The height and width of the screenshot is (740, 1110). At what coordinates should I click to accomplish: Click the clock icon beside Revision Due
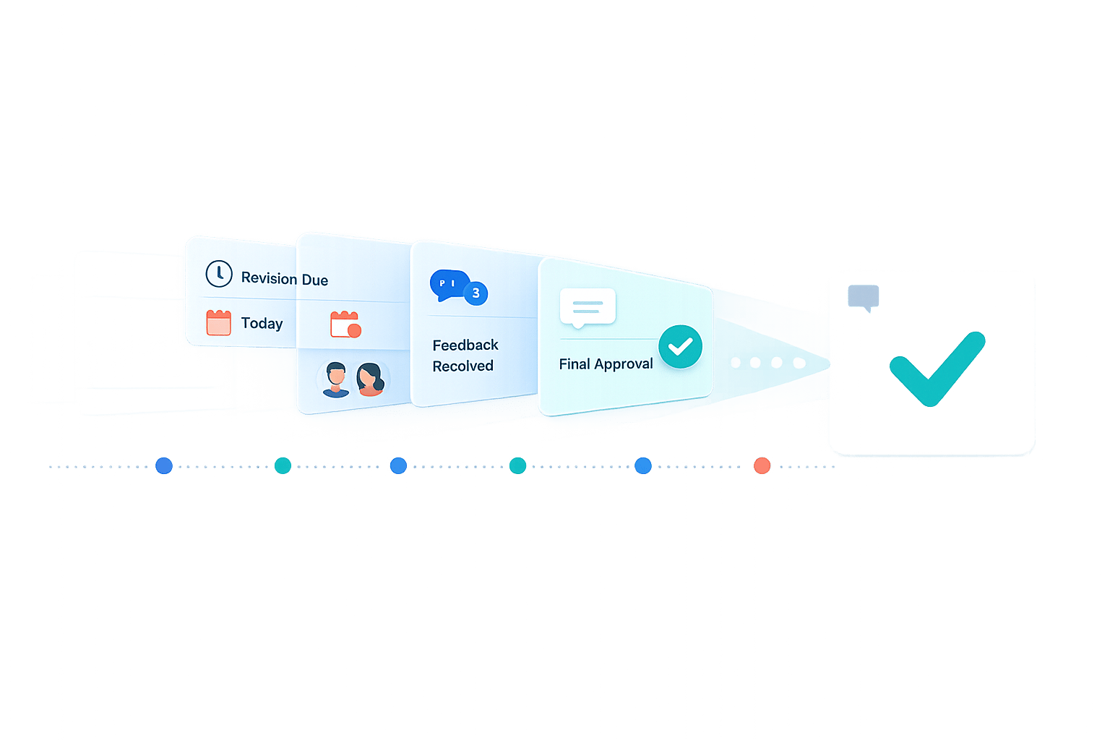[219, 274]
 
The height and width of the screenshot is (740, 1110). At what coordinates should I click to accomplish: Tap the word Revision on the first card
[269, 278]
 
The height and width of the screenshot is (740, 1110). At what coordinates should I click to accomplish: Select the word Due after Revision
[315, 280]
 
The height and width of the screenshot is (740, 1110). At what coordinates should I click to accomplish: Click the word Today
[262, 323]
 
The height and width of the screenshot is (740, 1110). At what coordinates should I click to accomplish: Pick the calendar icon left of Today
[218, 322]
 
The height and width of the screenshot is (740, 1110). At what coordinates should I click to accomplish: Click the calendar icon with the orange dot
[345, 324]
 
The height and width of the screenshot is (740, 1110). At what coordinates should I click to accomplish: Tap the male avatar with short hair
[336, 379]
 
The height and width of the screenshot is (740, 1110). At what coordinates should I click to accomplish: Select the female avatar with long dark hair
[370, 379]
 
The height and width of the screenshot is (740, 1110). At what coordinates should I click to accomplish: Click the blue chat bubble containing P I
[448, 284]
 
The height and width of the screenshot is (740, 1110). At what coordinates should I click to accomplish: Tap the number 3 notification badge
[476, 293]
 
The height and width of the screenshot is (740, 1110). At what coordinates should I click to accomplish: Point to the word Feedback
[465, 345]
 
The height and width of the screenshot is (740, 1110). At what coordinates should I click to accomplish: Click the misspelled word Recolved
[462, 366]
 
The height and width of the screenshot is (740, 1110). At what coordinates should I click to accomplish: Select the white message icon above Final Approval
[588, 307]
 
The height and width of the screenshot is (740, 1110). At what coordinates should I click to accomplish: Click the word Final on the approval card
[575, 364]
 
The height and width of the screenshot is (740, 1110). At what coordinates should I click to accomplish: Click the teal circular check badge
[680, 347]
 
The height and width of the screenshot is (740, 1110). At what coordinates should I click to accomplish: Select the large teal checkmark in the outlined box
[937, 369]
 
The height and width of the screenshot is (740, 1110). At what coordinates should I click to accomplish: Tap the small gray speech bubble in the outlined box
[864, 297]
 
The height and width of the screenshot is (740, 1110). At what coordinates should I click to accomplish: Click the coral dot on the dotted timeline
[762, 465]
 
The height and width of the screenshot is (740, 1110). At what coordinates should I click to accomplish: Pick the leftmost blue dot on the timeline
[164, 465]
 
